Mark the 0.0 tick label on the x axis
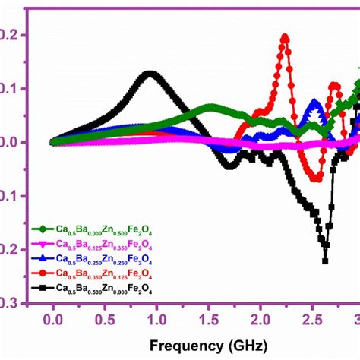[52, 319]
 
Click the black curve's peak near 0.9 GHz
[150, 74]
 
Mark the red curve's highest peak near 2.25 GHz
[286, 36]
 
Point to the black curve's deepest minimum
[325, 261]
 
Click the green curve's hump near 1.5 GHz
[209, 107]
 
